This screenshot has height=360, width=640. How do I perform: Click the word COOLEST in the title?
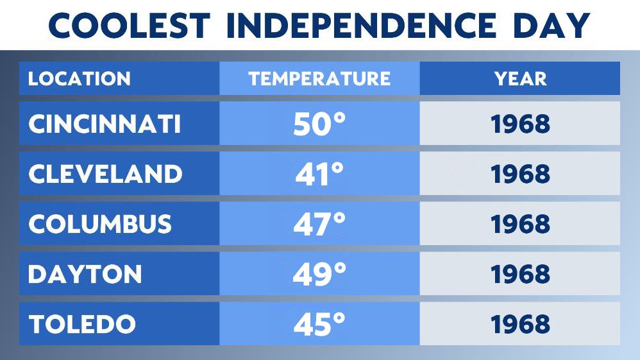click(129, 25)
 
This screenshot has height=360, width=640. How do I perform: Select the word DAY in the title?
click(550, 25)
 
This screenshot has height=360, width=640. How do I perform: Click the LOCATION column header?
click(79, 79)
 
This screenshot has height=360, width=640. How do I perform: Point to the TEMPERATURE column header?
click(319, 79)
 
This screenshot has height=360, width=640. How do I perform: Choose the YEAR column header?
click(520, 79)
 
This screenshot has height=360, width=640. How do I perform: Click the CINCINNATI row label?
click(105, 124)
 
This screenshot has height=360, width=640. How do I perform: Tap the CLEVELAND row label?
click(105, 174)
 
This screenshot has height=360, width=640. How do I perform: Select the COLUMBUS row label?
click(100, 224)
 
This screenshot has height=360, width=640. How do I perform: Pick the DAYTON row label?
click(85, 274)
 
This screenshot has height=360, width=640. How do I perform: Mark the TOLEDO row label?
click(82, 324)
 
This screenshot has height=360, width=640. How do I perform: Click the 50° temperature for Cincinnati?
click(319, 124)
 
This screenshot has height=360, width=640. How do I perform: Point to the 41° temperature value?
click(319, 175)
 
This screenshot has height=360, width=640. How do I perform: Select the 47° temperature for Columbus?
click(319, 225)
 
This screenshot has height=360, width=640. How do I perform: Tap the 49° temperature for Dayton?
click(319, 275)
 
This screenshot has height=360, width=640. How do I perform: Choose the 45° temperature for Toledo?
click(319, 325)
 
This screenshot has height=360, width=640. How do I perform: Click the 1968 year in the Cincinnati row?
click(520, 124)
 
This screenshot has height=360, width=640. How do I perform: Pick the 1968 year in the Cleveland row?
click(520, 174)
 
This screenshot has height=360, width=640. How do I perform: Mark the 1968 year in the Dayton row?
click(520, 274)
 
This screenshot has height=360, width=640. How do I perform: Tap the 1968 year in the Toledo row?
click(520, 324)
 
